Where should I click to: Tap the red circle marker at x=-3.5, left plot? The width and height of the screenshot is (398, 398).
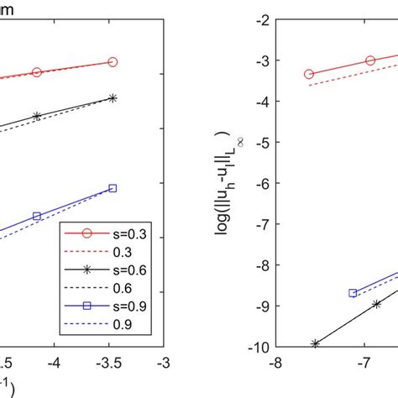113,61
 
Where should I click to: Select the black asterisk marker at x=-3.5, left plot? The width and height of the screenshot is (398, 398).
113,98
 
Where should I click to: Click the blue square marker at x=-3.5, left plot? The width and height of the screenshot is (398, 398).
113,188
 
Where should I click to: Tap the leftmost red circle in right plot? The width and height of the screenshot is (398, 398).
309,74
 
